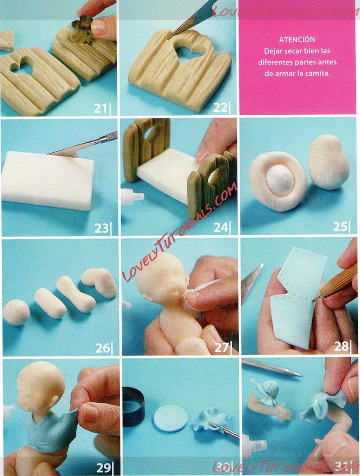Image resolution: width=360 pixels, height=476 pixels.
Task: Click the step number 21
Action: pyautogui.click(x=100, y=108)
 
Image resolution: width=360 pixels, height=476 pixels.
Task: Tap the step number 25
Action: pyautogui.click(x=340, y=226)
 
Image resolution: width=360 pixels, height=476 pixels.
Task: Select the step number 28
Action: pyautogui.click(x=341, y=346)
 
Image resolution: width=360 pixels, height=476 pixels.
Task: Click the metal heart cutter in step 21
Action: pyautogui.click(x=81, y=30)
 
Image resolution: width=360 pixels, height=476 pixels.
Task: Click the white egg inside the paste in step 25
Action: pyautogui.click(x=279, y=180)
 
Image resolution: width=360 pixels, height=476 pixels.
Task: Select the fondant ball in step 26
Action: pyautogui.click(x=16, y=313)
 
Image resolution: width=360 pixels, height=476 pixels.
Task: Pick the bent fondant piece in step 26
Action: pyautogui.click(x=100, y=282)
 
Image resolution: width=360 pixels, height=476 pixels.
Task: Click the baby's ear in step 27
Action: pyautogui.click(x=176, y=293)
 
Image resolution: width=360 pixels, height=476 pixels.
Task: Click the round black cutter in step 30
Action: pyautogui.click(x=134, y=407)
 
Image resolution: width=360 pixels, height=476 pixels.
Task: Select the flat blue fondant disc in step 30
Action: pyautogui.click(x=171, y=418)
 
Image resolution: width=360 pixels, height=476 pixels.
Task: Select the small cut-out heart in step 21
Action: pyautogui.click(x=7, y=40)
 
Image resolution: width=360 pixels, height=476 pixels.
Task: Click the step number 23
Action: pyautogui.click(x=101, y=228)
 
